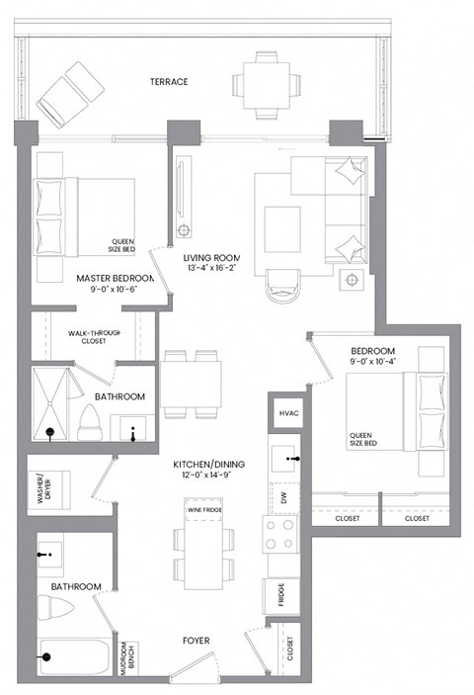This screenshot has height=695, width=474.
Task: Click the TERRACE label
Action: coord(168,81)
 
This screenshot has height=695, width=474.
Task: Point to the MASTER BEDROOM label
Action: coord(116,279)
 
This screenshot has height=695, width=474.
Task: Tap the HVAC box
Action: coord(288,412)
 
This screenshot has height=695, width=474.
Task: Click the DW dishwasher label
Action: coord(283,500)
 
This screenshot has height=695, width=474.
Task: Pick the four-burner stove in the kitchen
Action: coord(280,535)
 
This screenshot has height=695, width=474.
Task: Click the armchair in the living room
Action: coord(282,286)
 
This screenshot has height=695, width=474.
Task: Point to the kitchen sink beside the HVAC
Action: coord(288,459)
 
